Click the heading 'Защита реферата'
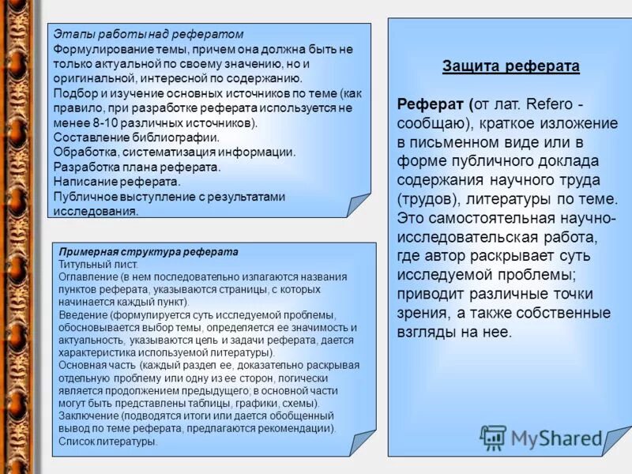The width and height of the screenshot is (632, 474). tap(511, 66)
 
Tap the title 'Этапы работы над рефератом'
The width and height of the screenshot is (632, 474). tap(148, 34)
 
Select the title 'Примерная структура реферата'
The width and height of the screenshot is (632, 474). tap(149, 251)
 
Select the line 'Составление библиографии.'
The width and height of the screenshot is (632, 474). tap(136, 137)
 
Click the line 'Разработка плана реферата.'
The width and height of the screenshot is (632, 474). tap(137, 167)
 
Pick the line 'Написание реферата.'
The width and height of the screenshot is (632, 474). tap(117, 182)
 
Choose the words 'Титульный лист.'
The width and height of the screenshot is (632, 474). tap(99, 264)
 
